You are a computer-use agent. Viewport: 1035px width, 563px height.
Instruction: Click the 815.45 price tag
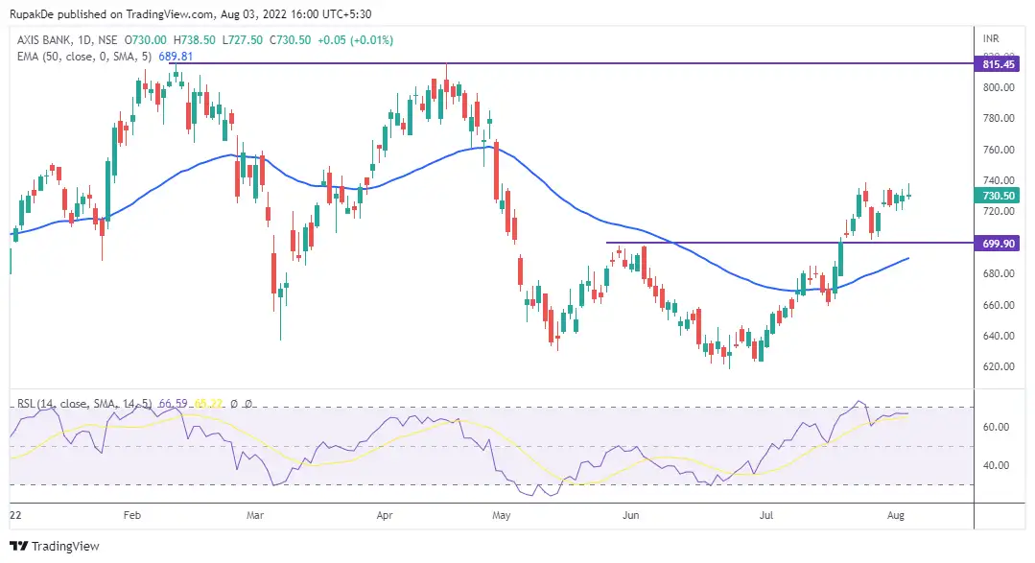point(993,64)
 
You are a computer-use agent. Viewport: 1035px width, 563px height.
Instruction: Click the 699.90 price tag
point(993,244)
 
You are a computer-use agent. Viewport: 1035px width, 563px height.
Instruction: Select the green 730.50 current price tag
point(993,195)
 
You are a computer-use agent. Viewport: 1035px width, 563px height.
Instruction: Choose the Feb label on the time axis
point(132,515)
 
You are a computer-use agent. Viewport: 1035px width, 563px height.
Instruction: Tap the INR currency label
point(992,38)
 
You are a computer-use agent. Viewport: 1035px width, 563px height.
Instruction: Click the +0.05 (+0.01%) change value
point(358,40)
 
